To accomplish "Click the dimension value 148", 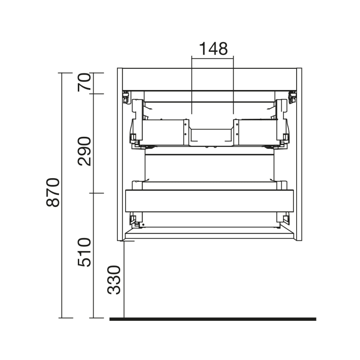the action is (213, 49).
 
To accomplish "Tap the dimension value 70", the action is (84, 82).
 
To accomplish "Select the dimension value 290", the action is (84, 151).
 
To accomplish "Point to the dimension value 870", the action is (53, 193).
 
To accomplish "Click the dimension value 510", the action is (84, 252).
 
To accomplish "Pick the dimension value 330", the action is (114, 280).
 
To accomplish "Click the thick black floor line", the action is (213, 319).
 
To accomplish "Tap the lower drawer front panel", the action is (209, 201).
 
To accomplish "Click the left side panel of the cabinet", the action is (120, 154).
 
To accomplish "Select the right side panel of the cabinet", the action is (299, 154).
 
